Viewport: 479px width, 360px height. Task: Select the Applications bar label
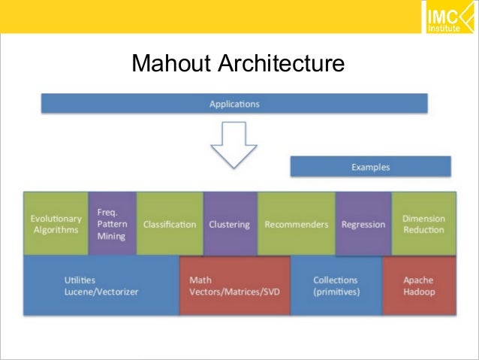coord(234,104)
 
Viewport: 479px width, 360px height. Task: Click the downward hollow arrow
coord(233,145)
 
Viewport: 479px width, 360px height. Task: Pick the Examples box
coord(370,166)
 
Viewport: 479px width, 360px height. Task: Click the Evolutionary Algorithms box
coord(56,224)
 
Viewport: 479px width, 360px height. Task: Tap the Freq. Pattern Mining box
coord(113,224)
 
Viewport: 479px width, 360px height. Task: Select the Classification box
coord(170,224)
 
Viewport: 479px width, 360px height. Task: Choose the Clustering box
coord(230,224)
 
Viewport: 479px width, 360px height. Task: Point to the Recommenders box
coord(297,224)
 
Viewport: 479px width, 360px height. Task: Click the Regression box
coord(363,224)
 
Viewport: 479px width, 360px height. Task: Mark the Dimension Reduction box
coord(423,224)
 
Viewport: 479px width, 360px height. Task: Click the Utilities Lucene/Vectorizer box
coord(101,285)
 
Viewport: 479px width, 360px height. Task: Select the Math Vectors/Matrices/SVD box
coord(234,285)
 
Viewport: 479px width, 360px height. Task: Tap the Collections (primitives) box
coord(336,285)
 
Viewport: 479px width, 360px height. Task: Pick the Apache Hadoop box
coord(419,285)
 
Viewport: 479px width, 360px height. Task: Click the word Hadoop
coord(419,292)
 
